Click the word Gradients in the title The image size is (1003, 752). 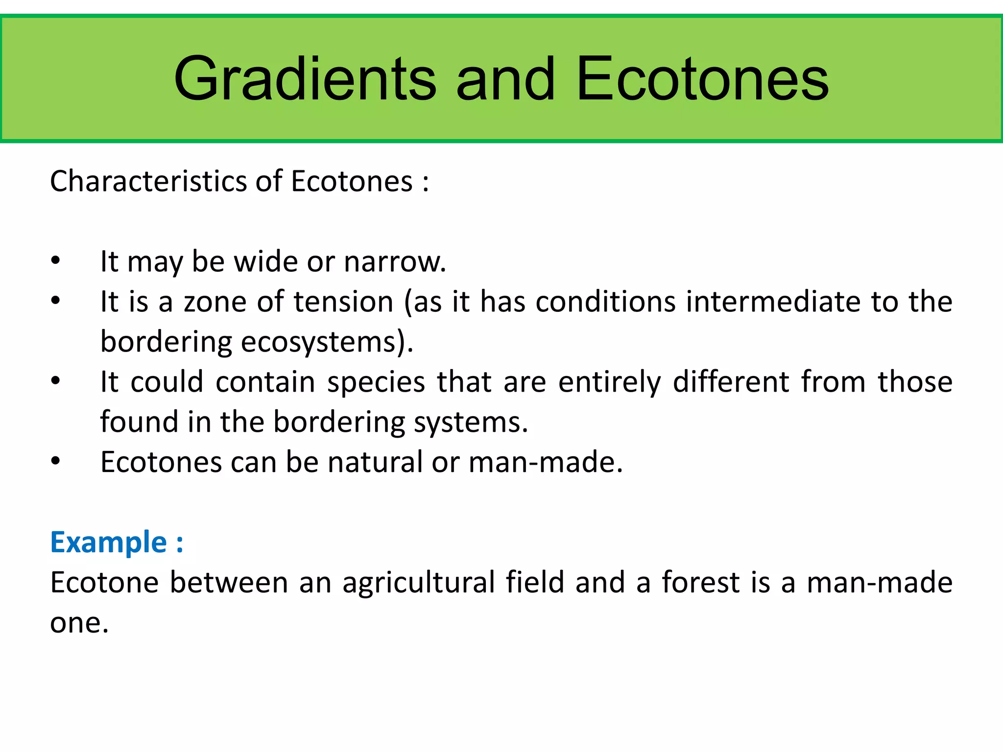point(305,79)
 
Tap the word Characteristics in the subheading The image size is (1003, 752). point(148,181)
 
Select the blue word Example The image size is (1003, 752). point(109,542)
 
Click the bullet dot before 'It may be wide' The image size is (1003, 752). point(55,260)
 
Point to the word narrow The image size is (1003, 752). point(395,262)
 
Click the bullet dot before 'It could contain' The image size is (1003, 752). point(55,380)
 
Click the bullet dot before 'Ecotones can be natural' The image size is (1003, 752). point(55,461)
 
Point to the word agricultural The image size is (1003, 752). point(419,583)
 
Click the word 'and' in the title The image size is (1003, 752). point(505,79)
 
